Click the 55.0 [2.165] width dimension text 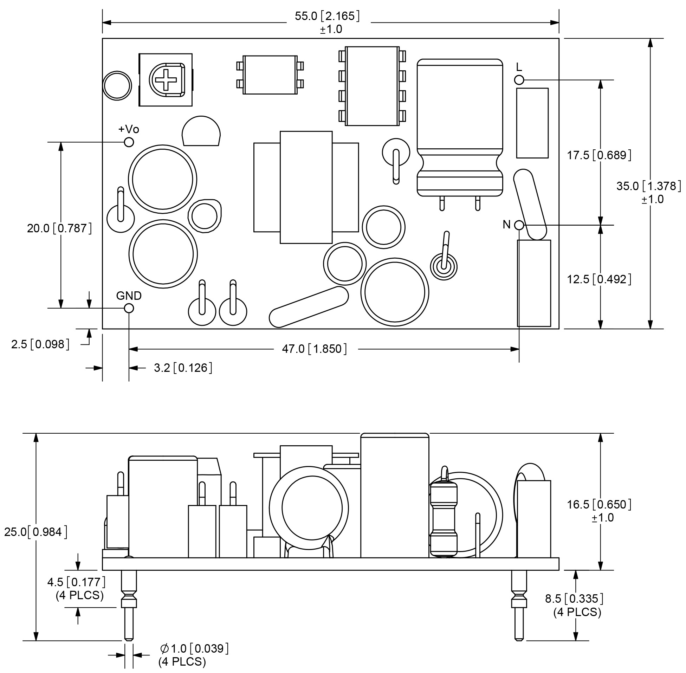pos(327,16)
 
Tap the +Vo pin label pos(129,129)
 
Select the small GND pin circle pos(129,308)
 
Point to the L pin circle pos(519,80)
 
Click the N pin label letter pos(506,225)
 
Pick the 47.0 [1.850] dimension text pos(314,349)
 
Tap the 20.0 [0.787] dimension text pos(59,228)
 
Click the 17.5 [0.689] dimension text pos(599,155)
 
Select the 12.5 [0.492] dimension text pos(599,279)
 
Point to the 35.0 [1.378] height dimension pos(648,186)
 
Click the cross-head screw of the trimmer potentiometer pos(166,80)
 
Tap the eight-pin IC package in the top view pos(372,86)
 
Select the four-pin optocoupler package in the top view pos(270,75)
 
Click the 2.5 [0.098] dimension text pos(40,344)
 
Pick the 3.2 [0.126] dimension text pos(183,368)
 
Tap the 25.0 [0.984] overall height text pos(36,532)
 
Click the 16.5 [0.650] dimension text pos(599,504)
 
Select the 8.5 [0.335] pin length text pos(574,598)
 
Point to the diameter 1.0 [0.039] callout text pos(194,648)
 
